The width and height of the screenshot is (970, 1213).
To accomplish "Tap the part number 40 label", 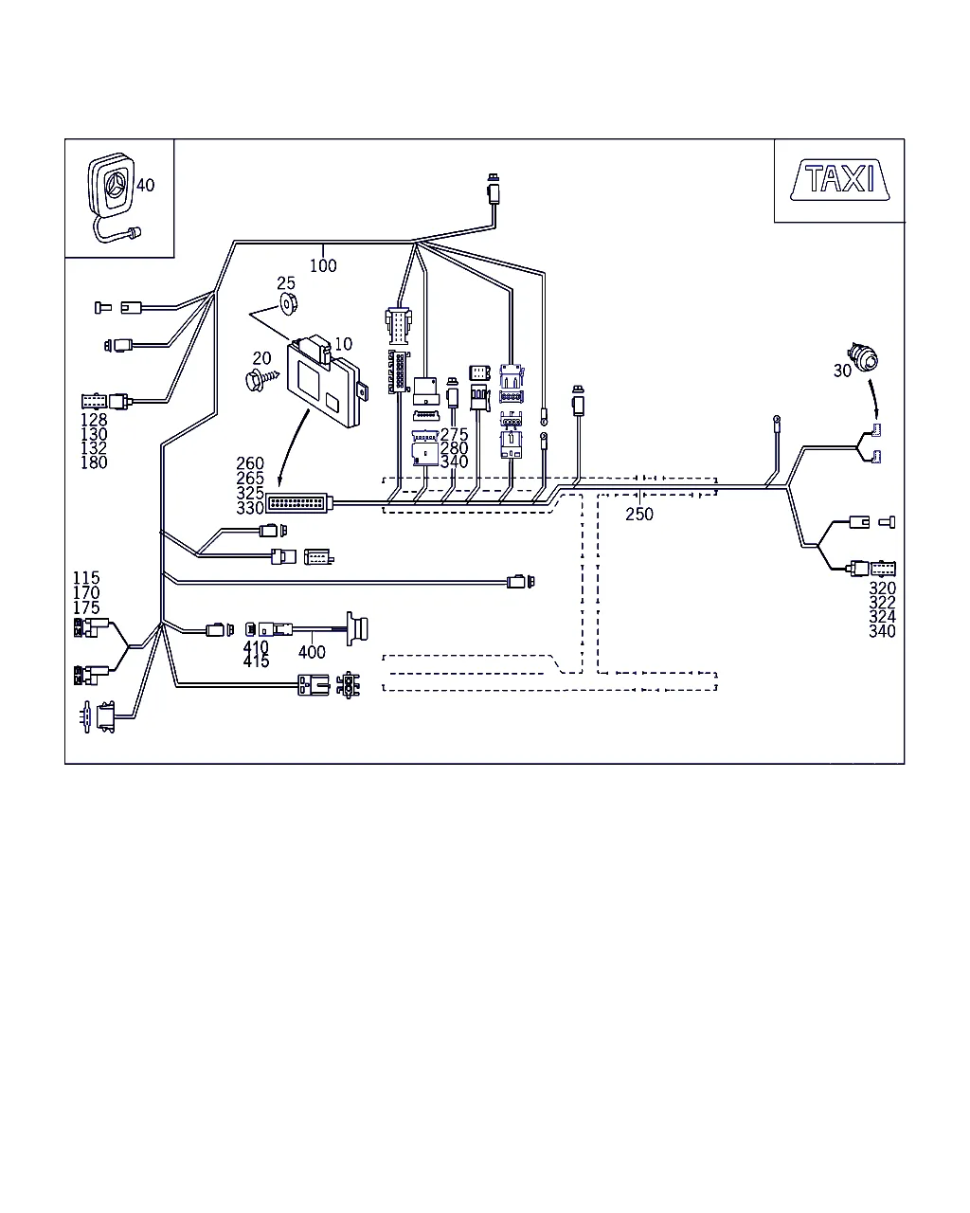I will coord(145,185).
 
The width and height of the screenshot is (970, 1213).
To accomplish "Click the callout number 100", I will coord(323,266).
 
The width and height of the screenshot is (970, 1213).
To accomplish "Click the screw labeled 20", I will coord(256,378).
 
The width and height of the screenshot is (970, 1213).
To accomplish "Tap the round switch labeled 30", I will coord(865,357).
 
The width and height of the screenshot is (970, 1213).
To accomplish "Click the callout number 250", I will coord(639,515).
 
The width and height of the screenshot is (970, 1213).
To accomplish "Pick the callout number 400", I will coord(312,652).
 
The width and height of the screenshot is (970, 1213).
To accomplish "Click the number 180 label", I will coord(94,462).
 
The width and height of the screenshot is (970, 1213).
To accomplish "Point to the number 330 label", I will coord(250,509).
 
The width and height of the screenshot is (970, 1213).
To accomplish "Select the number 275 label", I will coord(454,435).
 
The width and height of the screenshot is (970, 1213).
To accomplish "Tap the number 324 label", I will coord(882,617).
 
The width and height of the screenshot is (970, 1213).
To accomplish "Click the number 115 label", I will coord(86,578).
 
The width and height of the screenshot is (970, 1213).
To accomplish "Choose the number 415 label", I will coord(256,661).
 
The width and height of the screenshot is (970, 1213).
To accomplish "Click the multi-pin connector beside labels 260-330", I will coord(297,503).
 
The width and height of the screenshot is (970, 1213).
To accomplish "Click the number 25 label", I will coord(286,283).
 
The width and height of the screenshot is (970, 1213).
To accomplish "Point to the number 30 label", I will coord(842,371).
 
